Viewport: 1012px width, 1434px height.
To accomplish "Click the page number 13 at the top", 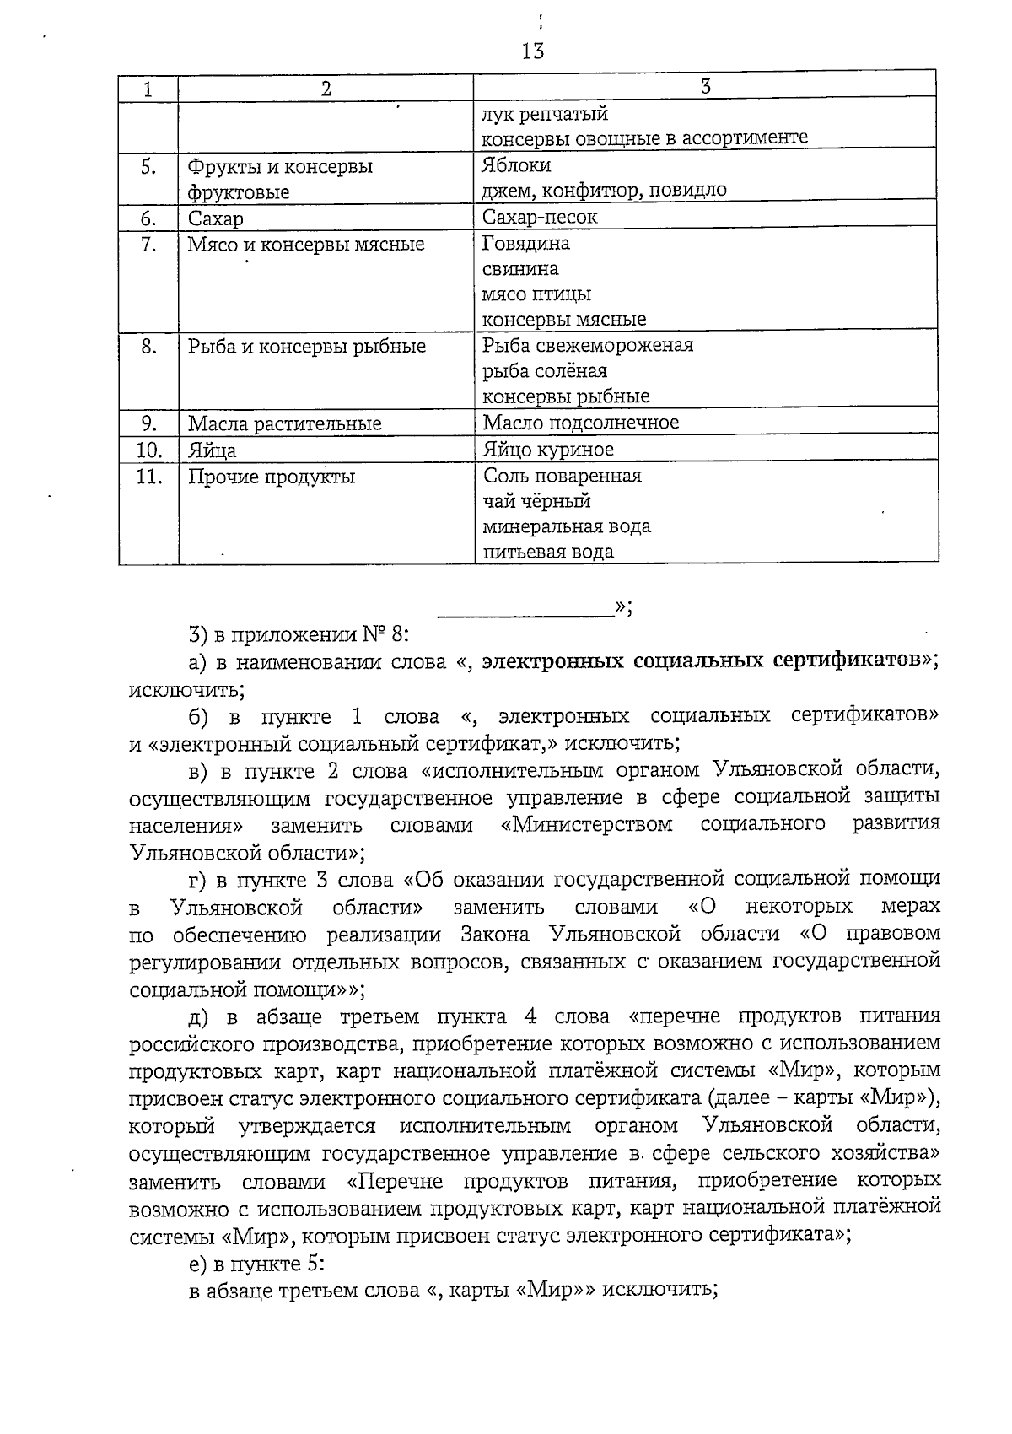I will pyautogui.click(x=533, y=51).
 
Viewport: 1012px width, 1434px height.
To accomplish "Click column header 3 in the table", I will pyautogui.click(x=706, y=86).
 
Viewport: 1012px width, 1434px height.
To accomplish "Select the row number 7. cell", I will pyautogui.click(x=148, y=245).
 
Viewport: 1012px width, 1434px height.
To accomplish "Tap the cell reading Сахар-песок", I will pyautogui.click(x=540, y=218).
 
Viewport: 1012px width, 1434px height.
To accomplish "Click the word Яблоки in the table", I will pyautogui.click(x=516, y=166).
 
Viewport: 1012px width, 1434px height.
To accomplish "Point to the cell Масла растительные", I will pyautogui.click(x=284, y=423).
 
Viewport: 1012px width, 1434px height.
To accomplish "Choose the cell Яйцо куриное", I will pyautogui.click(x=548, y=450).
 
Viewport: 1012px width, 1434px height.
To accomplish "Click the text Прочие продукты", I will pyautogui.click(x=271, y=477).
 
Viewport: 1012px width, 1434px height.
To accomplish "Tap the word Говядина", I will pyautogui.click(x=525, y=244).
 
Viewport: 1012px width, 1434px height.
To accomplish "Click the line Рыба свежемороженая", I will pyautogui.click(x=588, y=346).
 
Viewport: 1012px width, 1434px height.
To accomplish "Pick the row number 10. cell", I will pyautogui.click(x=148, y=450).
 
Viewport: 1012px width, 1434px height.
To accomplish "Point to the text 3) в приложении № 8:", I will pyautogui.click(x=299, y=634).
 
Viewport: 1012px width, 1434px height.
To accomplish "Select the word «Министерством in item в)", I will pyautogui.click(x=586, y=825).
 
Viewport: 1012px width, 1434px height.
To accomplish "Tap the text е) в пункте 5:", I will pyautogui.click(x=256, y=1264).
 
